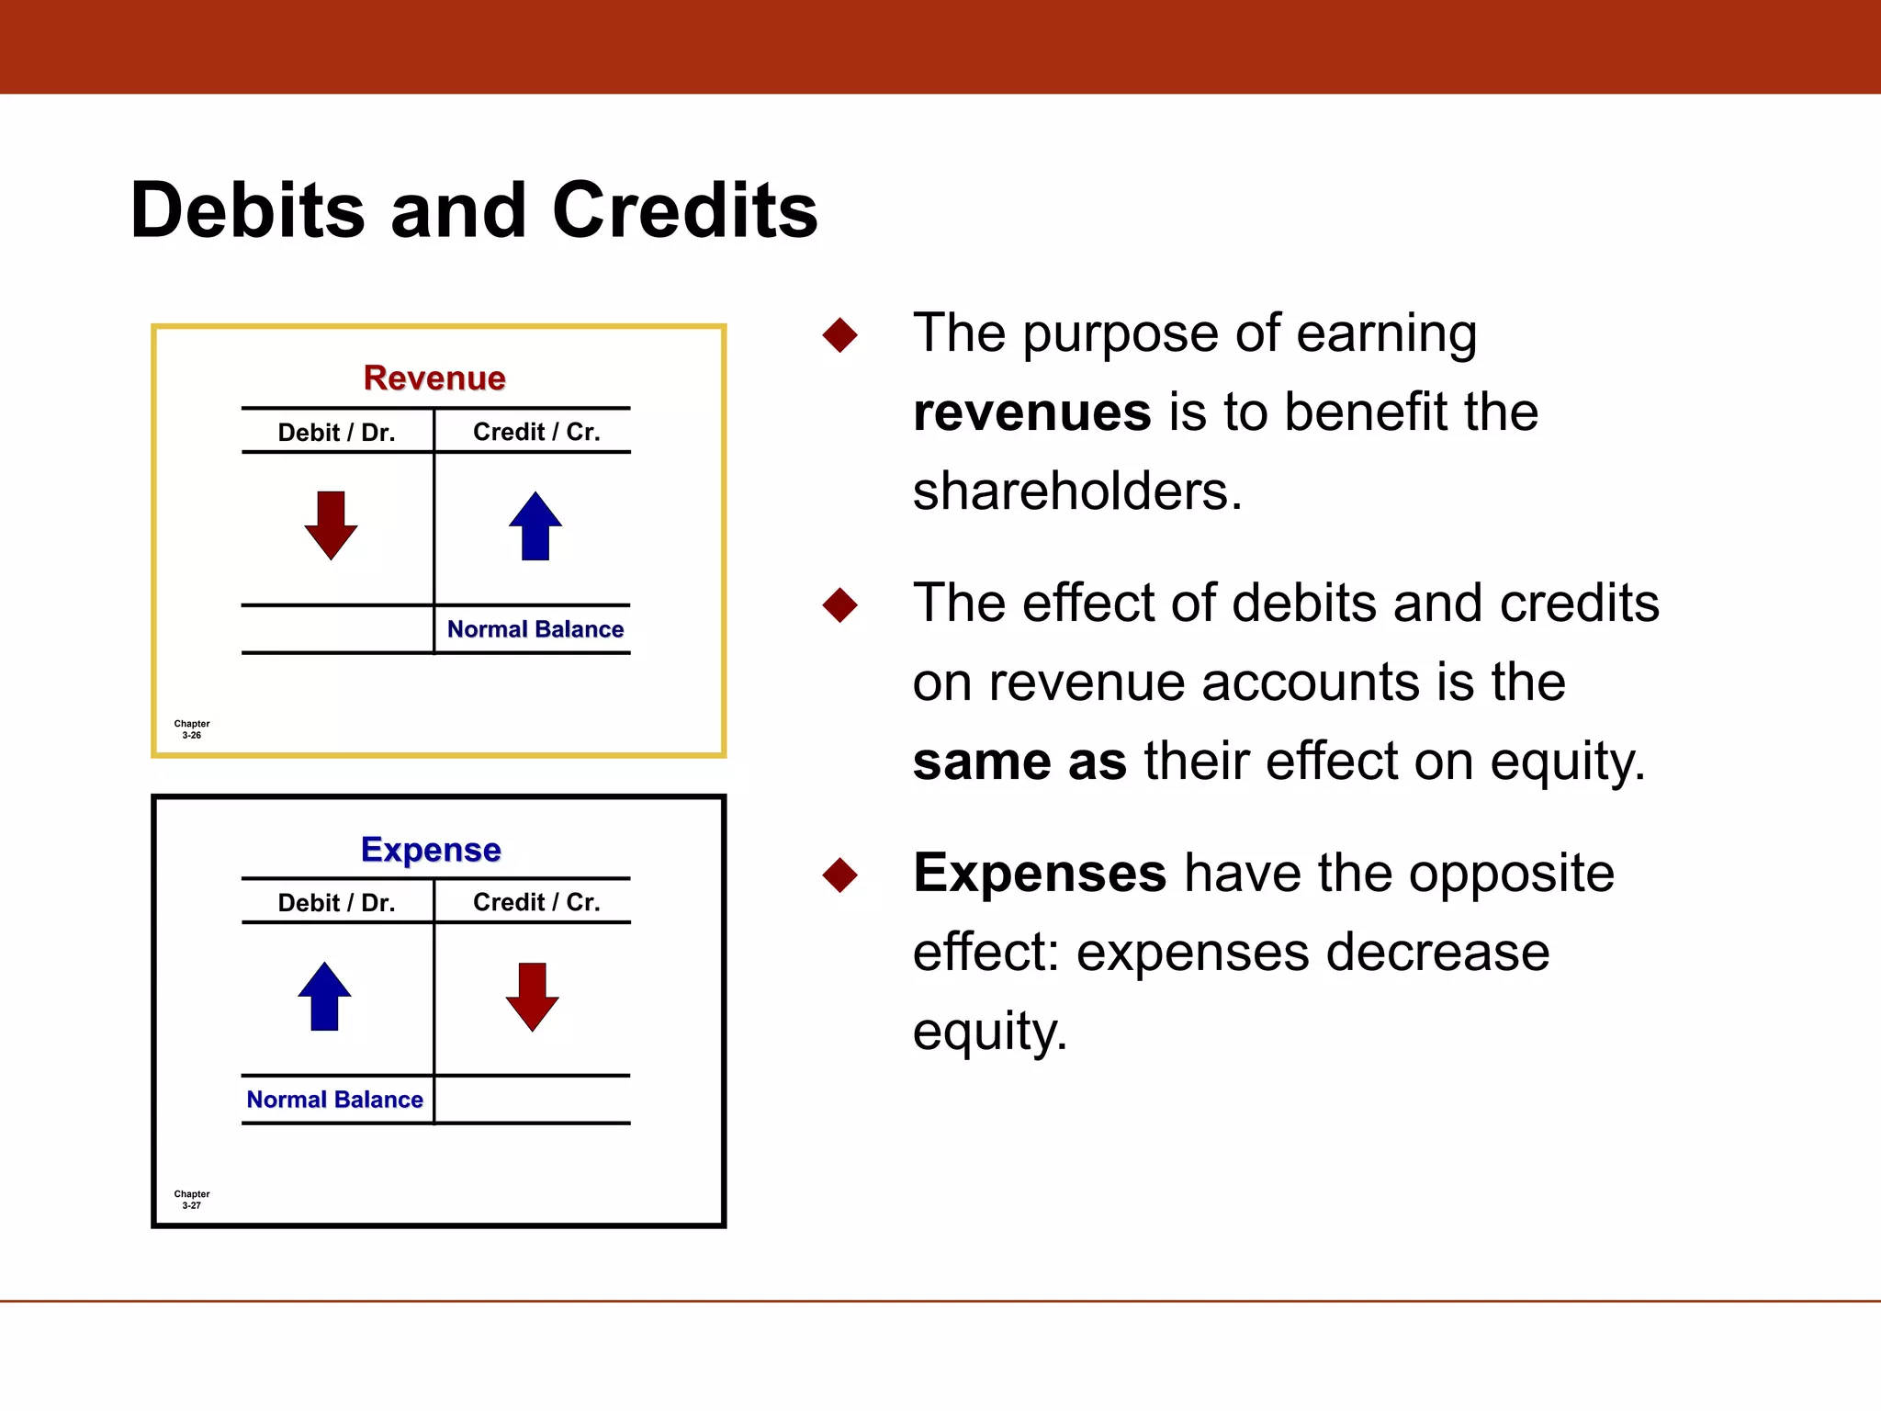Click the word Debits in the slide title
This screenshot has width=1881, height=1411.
pos(248,210)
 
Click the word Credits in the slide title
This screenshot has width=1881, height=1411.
pos(684,210)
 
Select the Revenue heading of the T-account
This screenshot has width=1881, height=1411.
pos(434,378)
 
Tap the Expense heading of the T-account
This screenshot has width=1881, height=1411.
pos(431,849)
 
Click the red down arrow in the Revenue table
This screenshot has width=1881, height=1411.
pos(331,525)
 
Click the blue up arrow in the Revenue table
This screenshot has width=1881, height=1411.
pos(535,525)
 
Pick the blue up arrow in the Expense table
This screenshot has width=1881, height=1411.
pos(324,997)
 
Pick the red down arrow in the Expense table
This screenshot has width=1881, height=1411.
pos(532,997)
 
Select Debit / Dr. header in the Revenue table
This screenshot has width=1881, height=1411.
pos(336,432)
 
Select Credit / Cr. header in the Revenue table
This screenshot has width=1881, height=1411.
pos(536,432)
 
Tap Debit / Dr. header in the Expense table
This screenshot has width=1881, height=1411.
pos(336,902)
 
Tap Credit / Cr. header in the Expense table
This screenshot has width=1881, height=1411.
pos(536,902)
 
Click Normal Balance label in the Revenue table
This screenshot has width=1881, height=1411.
pos(535,629)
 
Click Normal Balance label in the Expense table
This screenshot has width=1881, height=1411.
pos(334,1100)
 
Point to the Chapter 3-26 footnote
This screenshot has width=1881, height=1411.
pos(192,729)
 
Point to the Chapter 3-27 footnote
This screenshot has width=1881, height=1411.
pos(192,1200)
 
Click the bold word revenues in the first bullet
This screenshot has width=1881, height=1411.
pos(1031,412)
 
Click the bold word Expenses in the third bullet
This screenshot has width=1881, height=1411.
pos(1039,873)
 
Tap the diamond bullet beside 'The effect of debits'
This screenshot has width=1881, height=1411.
pos(839,605)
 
